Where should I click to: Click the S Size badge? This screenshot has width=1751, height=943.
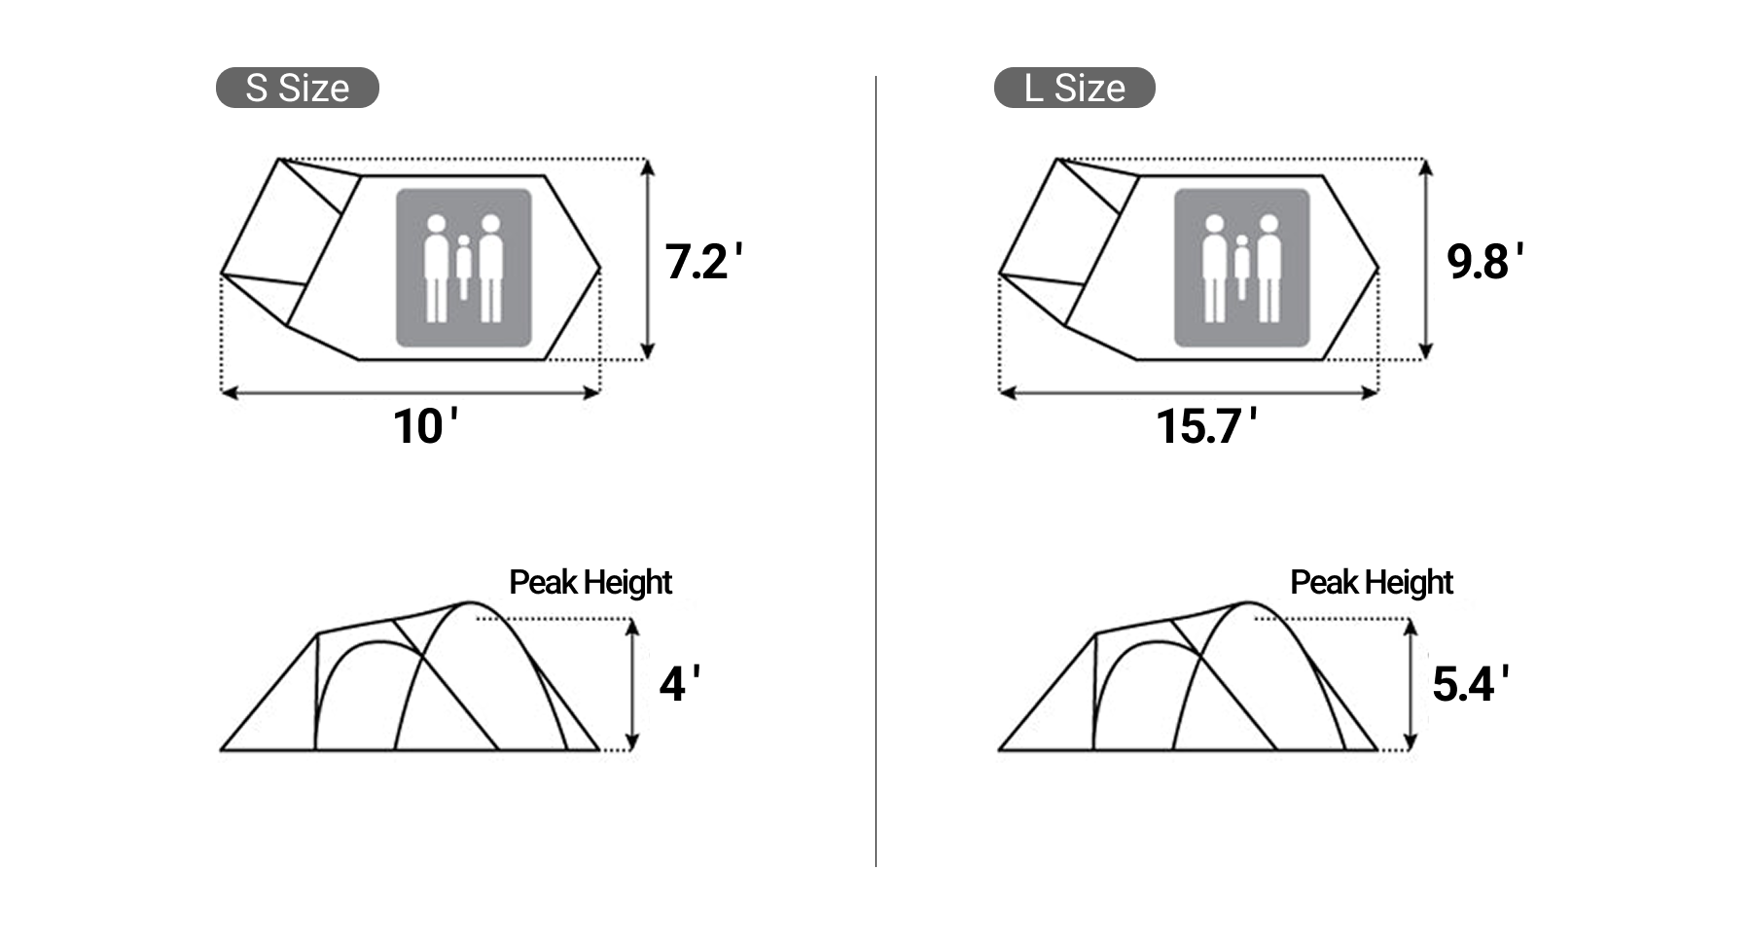[x=297, y=88]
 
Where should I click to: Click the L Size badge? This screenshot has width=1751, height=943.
[x=1074, y=88]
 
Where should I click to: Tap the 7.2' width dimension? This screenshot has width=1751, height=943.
[x=703, y=262]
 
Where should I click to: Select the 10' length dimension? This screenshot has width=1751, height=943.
[x=425, y=426]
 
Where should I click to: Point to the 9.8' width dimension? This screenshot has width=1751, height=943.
[x=1484, y=262]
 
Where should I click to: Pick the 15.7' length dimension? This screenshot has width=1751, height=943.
[x=1205, y=426]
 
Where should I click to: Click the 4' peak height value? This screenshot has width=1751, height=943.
[x=679, y=684]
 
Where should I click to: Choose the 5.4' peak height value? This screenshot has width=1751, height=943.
[x=1470, y=684]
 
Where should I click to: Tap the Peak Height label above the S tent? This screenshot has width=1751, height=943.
[x=590, y=583]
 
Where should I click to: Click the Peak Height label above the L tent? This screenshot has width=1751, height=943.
[x=1372, y=583]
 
